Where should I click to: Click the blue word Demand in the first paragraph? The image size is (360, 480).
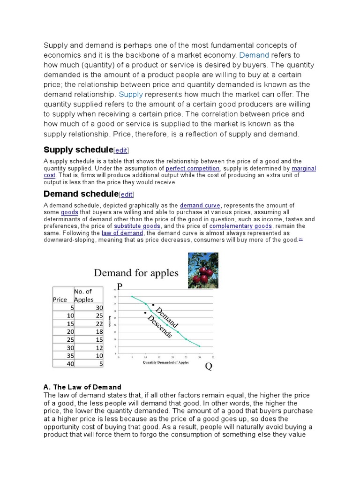(x=254, y=55)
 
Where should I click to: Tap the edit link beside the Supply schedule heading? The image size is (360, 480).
(x=121, y=150)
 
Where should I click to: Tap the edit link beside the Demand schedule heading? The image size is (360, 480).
(x=127, y=195)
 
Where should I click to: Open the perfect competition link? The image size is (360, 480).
(x=193, y=168)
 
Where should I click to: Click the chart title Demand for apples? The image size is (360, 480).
(x=136, y=273)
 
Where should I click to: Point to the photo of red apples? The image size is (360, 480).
(x=203, y=270)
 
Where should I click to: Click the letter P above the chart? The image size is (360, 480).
(x=120, y=286)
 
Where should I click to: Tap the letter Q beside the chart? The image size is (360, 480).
(x=209, y=367)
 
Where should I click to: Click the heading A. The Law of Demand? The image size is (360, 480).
(x=82, y=387)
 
